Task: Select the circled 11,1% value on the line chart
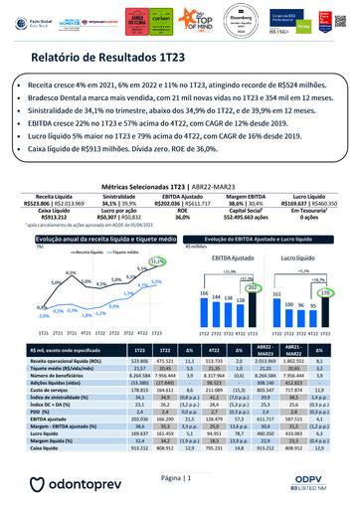155,261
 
